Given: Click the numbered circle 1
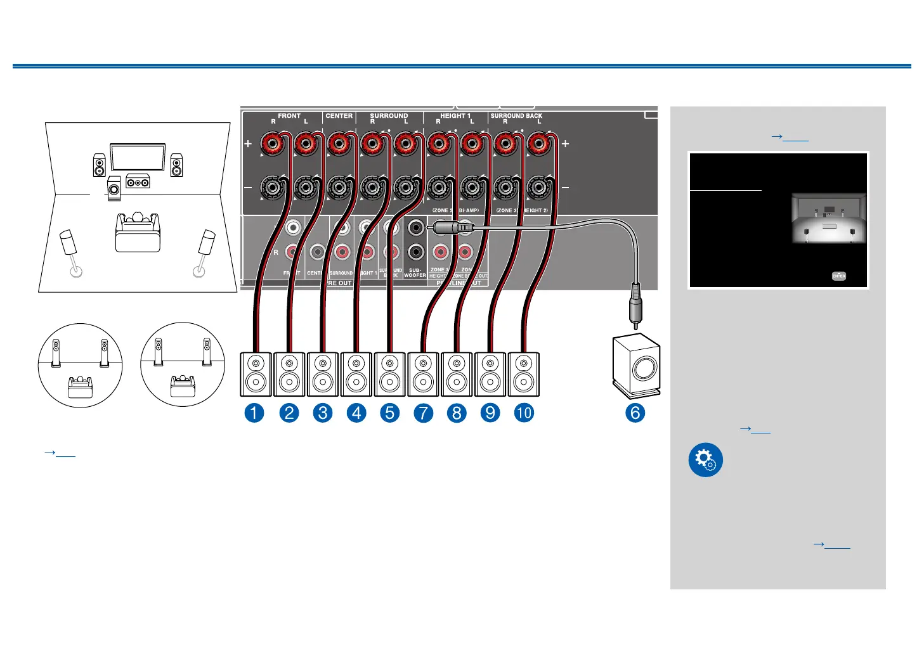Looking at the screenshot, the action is coord(254,413).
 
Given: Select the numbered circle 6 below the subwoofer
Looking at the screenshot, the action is coord(635,413).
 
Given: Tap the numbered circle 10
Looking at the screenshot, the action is coord(524,413).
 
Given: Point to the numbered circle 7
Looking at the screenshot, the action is coord(423,413).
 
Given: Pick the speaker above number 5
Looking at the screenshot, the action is coord(390,374).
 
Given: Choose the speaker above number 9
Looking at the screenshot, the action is coord(490,374).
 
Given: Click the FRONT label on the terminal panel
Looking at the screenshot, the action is coord(289,115).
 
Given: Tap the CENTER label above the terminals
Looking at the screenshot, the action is coord(339,115).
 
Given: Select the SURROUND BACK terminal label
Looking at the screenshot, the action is coord(516,115).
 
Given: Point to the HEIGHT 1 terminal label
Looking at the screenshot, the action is coord(455,115).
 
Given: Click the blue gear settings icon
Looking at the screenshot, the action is coord(705,459).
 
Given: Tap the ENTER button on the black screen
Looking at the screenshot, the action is coord(839,276).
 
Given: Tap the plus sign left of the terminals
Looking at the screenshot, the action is coord(248,144).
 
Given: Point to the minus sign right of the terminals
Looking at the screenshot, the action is coord(565,188).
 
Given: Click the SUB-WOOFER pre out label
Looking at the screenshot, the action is coord(415,272).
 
